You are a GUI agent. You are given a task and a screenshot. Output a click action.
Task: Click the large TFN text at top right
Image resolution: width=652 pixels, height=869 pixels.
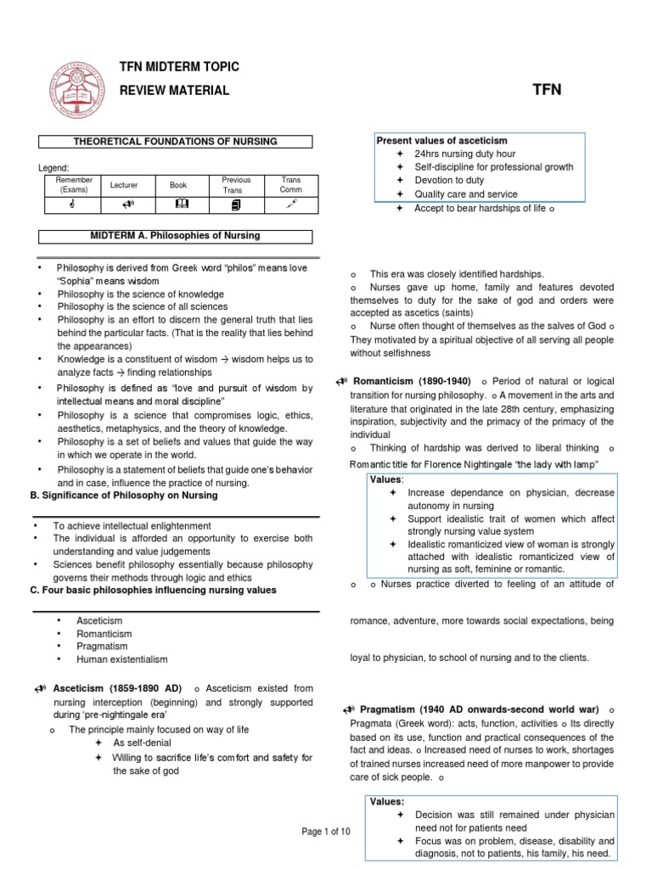click(x=546, y=90)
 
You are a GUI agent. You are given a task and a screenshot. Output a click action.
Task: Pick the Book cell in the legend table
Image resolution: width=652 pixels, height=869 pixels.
click(x=177, y=184)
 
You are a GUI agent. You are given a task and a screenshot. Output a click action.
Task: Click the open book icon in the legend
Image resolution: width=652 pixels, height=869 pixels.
click(x=178, y=204)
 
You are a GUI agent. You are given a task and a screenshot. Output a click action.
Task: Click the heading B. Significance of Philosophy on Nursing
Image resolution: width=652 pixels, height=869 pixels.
click(x=123, y=496)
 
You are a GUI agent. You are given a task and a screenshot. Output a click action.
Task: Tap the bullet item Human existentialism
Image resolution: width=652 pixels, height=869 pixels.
click(x=121, y=659)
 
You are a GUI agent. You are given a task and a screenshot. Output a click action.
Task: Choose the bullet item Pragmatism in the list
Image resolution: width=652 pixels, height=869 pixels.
click(x=102, y=646)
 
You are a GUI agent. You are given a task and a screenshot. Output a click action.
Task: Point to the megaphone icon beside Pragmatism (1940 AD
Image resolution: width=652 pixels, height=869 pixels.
click(x=349, y=709)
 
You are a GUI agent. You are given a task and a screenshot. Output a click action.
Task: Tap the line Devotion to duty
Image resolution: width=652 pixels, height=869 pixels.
click(x=449, y=181)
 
